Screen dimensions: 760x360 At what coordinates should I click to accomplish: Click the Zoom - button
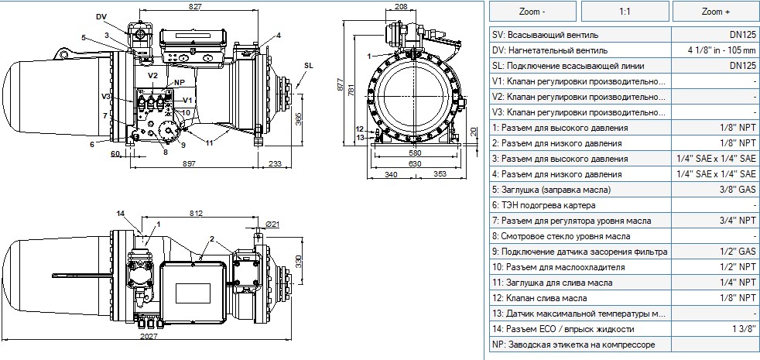[532, 12]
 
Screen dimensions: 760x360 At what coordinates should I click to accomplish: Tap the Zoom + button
[715, 12]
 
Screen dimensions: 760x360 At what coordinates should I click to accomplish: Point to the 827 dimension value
[197, 6]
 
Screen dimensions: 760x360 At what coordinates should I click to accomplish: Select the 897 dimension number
[190, 164]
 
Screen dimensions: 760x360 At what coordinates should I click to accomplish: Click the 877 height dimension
[341, 83]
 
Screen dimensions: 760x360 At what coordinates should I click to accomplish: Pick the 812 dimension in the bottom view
[197, 213]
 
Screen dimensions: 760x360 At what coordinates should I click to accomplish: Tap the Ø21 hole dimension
[273, 224]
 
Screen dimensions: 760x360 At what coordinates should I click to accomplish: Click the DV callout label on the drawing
[101, 17]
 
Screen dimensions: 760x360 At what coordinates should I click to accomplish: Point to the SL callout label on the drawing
[309, 66]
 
